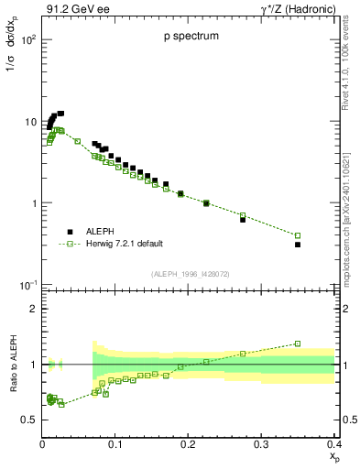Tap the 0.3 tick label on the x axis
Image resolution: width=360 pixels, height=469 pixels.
[x=261, y=443]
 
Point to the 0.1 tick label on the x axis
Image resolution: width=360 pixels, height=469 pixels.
[x=115, y=443]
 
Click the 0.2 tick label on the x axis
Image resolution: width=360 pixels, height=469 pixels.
[x=188, y=443]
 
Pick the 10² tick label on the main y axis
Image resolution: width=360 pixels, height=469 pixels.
[x=27, y=41]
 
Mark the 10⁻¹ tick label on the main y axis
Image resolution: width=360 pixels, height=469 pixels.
[x=27, y=285]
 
